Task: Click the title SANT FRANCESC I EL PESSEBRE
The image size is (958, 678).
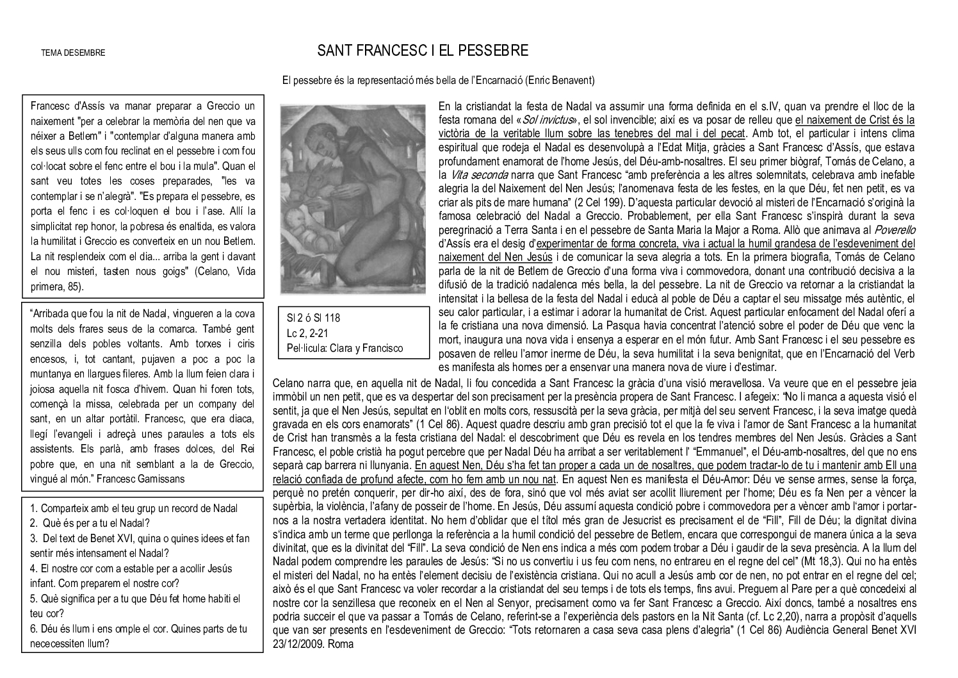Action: [423, 51]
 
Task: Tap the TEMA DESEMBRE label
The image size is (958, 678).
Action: [73, 53]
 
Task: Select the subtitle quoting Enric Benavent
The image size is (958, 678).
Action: [439, 81]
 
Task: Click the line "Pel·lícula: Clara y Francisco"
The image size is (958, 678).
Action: [345, 348]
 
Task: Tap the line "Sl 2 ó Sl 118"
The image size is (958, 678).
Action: [313, 318]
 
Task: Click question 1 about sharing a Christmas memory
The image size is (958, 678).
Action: [134, 508]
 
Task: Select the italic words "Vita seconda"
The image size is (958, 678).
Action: [480, 174]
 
